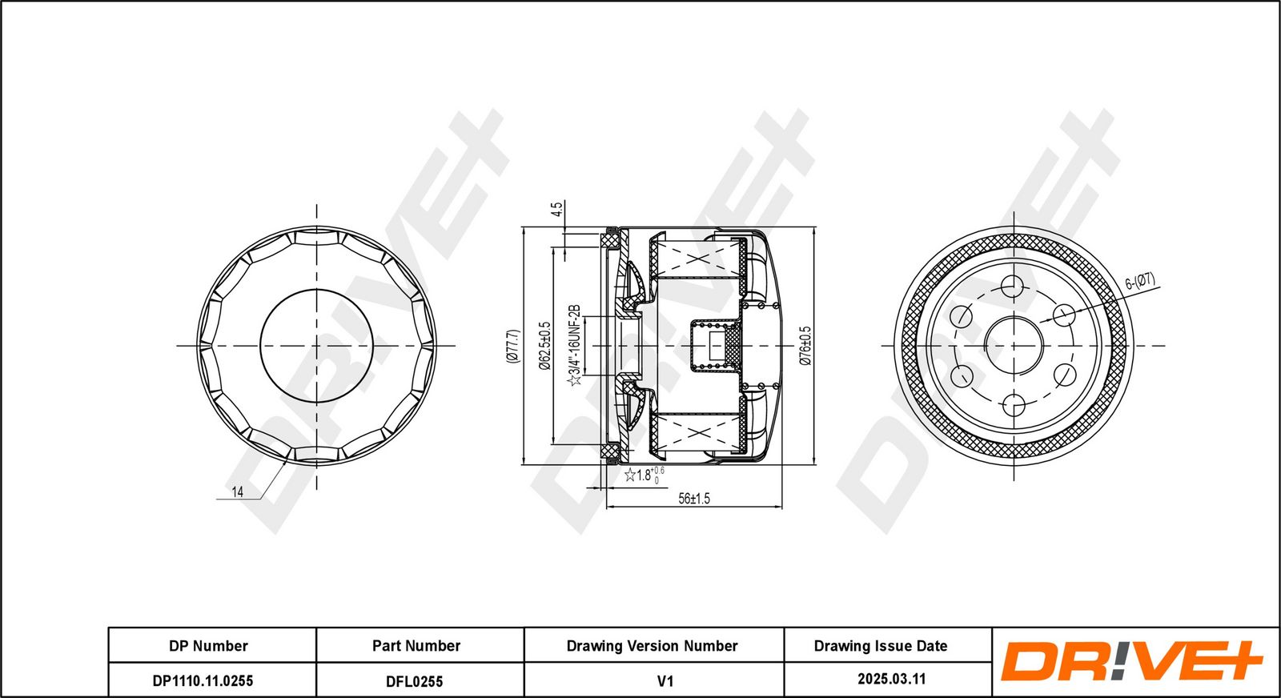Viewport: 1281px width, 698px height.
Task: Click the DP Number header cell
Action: tap(208, 646)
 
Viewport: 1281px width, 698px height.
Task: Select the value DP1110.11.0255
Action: tap(203, 681)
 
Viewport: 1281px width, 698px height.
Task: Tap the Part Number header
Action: tap(416, 646)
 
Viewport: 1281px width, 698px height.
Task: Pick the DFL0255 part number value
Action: tap(415, 681)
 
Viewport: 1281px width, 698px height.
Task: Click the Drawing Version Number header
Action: tap(652, 646)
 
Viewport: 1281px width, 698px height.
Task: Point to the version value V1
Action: tap(665, 681)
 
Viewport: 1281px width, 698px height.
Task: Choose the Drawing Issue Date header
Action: tap(881, 646)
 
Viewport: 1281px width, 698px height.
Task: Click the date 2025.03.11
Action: tap(892, 679)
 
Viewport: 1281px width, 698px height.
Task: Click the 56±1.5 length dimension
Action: tap(694, 499)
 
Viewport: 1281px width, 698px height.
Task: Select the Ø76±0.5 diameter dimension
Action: tap(805, 346)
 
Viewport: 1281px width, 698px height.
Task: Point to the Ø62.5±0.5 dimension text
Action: tap(544, 345)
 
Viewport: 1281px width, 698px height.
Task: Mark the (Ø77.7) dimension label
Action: tap(512, 346)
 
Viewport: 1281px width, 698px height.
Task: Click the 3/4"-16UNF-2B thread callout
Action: tap(575, 345)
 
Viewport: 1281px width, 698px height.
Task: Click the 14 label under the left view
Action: tap(237, 491)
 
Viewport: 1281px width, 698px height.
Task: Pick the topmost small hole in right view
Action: tap(1014, 286)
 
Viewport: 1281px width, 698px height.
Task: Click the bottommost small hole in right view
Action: tap(1014, 405)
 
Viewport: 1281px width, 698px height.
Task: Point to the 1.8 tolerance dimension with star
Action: tap(645, 475)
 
